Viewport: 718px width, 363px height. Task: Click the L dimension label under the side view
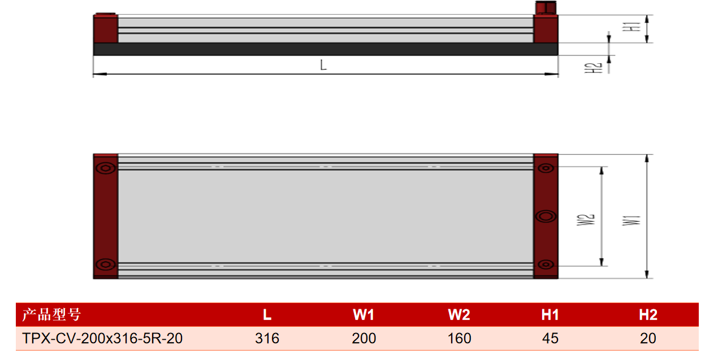323,65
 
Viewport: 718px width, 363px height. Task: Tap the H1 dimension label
632,27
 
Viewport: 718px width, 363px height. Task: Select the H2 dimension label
593,68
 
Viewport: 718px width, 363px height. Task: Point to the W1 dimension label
632,221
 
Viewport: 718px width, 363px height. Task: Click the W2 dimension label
586,220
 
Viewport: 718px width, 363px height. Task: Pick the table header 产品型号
51,314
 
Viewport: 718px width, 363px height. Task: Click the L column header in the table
267,315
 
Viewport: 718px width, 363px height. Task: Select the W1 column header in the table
364,315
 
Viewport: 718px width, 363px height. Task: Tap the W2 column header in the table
459,315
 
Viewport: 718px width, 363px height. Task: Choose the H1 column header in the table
550,315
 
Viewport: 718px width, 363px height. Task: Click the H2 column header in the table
648,315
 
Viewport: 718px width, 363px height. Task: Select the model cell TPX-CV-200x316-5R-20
102,339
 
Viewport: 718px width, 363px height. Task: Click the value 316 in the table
267,339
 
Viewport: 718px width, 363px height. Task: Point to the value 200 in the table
364,339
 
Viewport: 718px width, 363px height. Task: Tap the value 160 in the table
459,339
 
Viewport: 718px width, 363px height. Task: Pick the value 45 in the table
550,339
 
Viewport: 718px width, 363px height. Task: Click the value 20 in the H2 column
648,339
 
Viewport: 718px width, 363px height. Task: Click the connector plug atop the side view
546,8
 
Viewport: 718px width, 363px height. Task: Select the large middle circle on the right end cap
546,217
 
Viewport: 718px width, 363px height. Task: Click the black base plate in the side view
326,49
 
